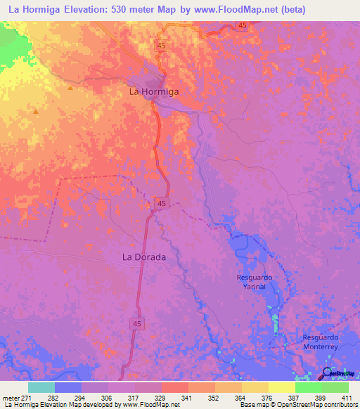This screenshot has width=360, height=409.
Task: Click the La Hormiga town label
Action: (x=153, y=91)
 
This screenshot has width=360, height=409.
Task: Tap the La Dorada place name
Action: (x=144, y=257)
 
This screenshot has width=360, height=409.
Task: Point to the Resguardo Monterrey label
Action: (x=321, y=342)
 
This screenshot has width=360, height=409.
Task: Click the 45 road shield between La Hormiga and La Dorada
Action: (x=162, y=202)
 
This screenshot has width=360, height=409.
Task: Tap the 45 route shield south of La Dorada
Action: (x=137, y=323)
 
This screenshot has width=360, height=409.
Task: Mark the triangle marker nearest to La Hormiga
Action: (x=70, y=89)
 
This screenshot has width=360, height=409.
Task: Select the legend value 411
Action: (x=347, y=397)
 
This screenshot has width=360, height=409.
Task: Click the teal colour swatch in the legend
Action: (x=41, y=387)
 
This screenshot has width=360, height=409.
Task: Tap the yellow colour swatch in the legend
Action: (x=282, y=387)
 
